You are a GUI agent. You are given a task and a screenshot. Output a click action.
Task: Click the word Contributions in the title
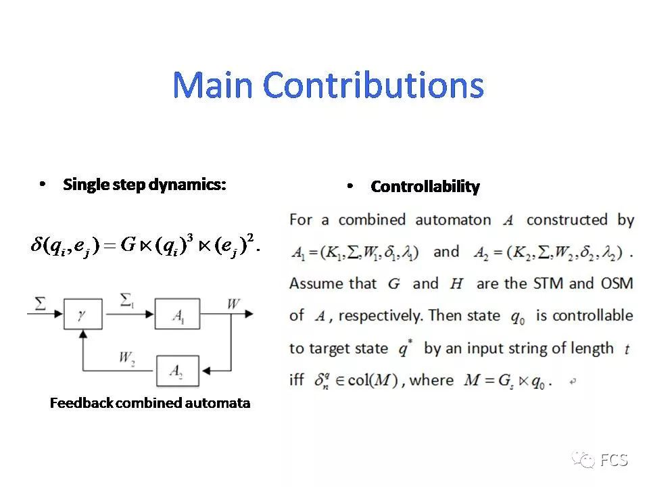pyautogui.click(x=373, y=86)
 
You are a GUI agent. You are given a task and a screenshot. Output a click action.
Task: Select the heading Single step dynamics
pyautogui.click(x=144, y=184)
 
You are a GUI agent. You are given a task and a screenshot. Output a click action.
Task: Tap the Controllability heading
pyautogui.click(x=425, y=187)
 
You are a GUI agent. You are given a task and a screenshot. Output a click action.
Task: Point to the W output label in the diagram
pyautogui.click(x=233, y=304)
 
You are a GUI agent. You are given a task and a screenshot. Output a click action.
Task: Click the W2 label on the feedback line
pyautogui.click(x=126, y=356)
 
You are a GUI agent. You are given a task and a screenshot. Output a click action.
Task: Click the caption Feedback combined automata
pyautogui.click(x=150, y=403)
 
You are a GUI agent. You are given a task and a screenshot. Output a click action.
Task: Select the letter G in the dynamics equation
pyautogui.click(x=128, y=245)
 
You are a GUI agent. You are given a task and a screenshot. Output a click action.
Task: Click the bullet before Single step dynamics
pyautogui.click(x=43, y=184)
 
